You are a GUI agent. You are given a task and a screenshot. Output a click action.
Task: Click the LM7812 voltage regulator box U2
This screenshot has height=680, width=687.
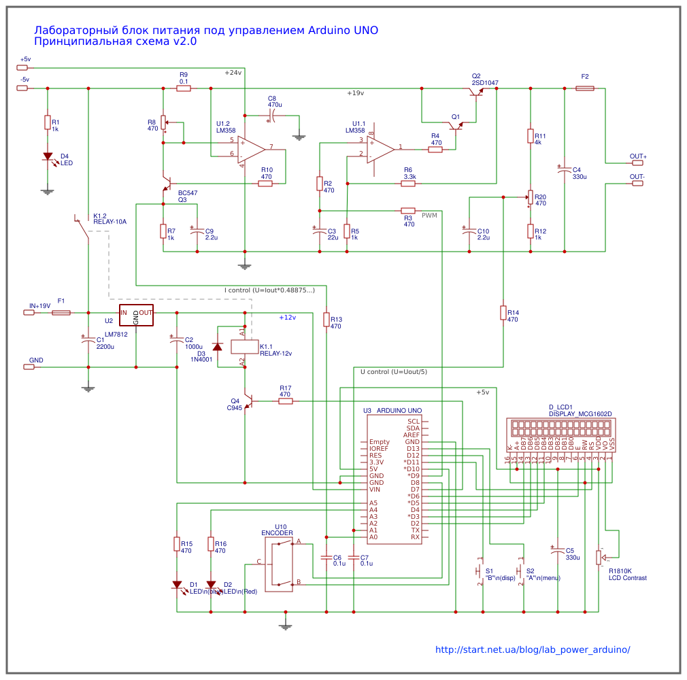coord(136,315)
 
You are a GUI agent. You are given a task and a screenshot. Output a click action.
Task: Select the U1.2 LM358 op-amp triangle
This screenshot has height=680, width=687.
coord(250,149)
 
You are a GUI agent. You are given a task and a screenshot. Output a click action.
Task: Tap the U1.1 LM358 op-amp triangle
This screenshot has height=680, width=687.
coord(380,148)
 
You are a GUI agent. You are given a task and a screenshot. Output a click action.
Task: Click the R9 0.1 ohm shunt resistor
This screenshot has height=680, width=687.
coord(184,88)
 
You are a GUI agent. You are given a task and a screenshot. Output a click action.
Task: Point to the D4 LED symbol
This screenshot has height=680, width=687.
coord(47,156)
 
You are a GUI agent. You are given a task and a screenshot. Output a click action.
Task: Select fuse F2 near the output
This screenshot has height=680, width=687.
coord(585,88)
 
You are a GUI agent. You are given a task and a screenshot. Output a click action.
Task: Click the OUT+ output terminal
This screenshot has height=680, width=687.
coord(636,163)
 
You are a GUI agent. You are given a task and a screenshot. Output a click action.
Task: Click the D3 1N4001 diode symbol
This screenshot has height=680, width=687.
coord(218,347)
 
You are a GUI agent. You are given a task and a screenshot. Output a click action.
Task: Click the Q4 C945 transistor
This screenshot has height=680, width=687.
coord(248,401)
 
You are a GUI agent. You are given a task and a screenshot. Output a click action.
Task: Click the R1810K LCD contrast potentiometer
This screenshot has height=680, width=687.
coord(599,558)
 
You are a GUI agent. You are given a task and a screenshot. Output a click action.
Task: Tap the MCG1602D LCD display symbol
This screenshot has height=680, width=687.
coord(562,428)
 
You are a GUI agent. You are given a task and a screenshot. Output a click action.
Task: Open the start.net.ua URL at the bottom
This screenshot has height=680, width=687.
coord(533,649)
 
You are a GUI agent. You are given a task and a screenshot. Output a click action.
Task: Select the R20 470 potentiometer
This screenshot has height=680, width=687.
coord(530,197)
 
